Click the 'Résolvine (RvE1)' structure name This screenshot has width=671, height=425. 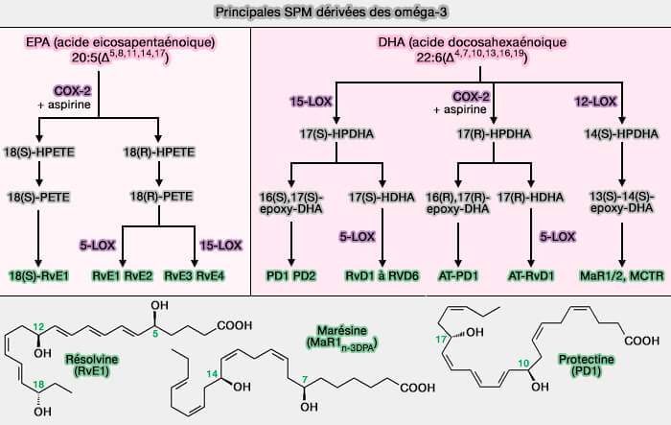click(x=91, y=366)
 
